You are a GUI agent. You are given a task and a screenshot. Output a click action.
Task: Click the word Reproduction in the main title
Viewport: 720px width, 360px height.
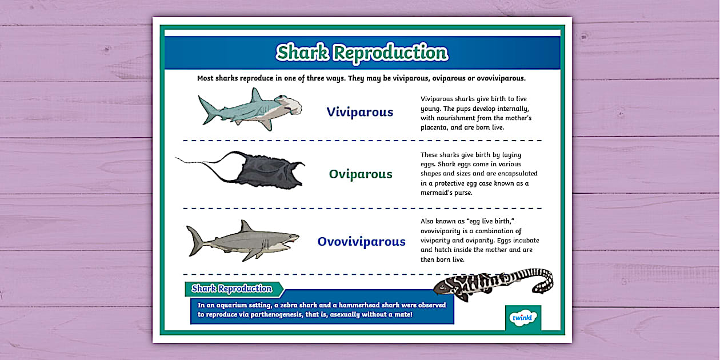click(x=390, y=53)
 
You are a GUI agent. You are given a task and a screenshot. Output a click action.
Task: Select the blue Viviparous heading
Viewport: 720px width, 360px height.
click(x=360, y=112)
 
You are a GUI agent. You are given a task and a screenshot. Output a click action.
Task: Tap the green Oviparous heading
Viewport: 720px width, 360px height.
click(x=361, y=174)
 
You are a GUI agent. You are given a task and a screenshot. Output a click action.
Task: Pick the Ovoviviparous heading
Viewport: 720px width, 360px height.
click(x=362, y=242)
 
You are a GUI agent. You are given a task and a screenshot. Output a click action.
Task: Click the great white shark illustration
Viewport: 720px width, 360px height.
click(x=243, y=239)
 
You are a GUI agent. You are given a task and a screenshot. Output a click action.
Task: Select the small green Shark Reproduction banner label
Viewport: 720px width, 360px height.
click(x=232, y=289)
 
